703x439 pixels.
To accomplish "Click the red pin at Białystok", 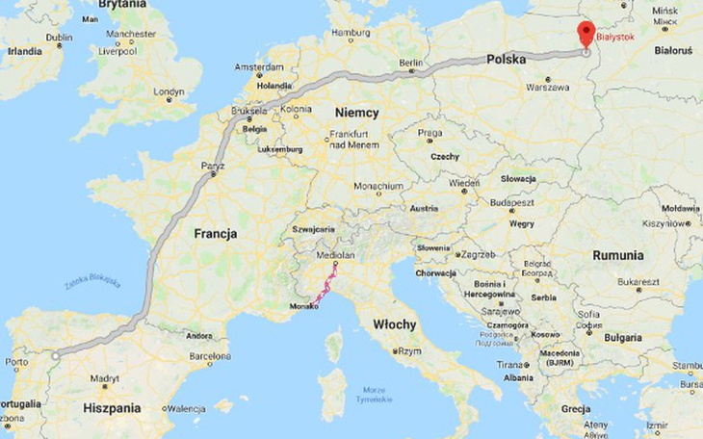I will click(586, 32).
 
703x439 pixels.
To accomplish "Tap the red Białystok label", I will click(616, 36).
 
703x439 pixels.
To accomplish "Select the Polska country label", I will click(506, 59).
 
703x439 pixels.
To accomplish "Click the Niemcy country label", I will click(356, 113).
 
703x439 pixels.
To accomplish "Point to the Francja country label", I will click(216, 233).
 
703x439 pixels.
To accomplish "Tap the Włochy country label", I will click(394, 323).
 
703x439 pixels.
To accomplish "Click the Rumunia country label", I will click(617, 255).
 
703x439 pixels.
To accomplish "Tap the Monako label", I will click(303, 307).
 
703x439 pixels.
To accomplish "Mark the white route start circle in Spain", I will click(56, 356).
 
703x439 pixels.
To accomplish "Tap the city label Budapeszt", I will click(510, 203).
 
